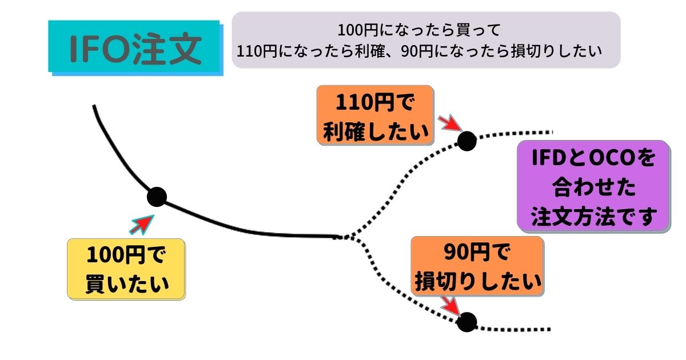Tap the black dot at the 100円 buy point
[x=156, y=197]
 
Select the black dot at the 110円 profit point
[x=466, y=141]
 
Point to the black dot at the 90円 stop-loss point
[x=466, y=322]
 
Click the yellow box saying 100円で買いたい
[x=127, y=269]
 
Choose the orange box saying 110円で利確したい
[x=375, y=115]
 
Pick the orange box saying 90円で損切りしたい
[x=477, y=266]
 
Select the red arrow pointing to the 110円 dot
[x=451, y=122]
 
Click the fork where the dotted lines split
[x=350, y=236]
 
